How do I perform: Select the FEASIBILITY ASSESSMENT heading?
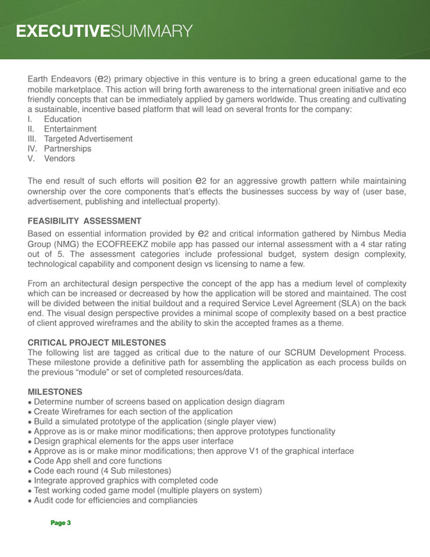84,221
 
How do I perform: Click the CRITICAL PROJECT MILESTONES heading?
97,343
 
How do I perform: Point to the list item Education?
63,120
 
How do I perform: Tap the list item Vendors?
59,159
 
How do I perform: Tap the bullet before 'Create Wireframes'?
30,413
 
